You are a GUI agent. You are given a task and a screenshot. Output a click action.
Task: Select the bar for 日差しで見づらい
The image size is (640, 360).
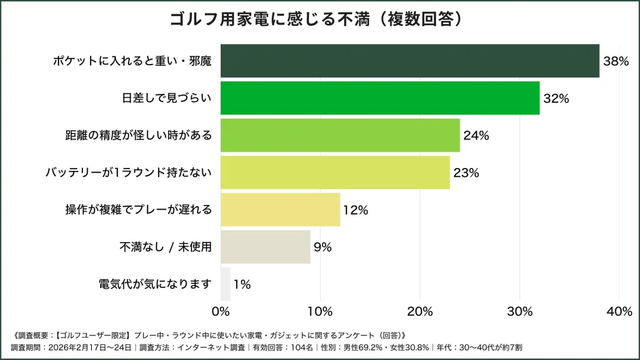[380, 98]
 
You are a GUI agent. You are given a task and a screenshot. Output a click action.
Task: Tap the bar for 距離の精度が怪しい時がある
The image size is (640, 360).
[340, 135]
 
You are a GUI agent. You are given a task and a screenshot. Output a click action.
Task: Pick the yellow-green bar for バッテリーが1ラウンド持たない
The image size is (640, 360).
[335, 173]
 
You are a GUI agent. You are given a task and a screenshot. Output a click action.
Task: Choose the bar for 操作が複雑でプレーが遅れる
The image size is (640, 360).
[281, 210]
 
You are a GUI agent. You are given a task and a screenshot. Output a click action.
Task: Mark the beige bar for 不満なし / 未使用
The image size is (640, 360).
[266, 247]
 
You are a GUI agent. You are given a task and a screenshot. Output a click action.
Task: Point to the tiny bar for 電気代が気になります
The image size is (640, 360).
[226, 284]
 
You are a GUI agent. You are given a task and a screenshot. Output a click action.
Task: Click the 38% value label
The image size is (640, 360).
[615, 61]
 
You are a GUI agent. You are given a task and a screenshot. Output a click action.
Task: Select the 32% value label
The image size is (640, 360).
[556, 98]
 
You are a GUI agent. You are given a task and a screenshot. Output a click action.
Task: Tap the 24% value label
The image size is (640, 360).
[476, 135]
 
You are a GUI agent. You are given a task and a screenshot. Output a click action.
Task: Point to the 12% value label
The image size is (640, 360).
[355, 210]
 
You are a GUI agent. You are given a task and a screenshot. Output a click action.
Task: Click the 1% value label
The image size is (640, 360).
[242, 284]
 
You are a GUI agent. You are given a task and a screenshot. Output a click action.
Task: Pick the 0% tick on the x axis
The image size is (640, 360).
[221, 312]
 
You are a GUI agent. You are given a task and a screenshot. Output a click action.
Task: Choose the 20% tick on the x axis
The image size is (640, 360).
[420, 312]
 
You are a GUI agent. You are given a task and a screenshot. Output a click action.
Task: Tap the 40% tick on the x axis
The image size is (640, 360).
[619, 312]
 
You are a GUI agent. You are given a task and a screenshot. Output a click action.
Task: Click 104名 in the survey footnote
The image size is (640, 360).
[300, 347]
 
